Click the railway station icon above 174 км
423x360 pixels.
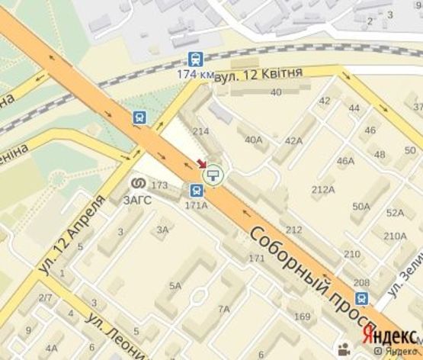(196, 59)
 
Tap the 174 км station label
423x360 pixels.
(196, 74)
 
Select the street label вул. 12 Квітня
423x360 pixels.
(258, 72)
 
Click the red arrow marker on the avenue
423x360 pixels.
(201, 163)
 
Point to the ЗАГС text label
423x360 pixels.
(138, 200)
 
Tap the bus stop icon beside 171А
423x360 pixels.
(196, 191)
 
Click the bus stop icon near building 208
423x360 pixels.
(362, 299)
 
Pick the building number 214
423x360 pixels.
(201, 131)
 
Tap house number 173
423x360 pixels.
(159, 185)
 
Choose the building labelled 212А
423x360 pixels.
(323, 189)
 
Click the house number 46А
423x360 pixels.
(346, 161)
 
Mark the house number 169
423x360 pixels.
(303, 316)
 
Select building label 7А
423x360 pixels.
(224, 309)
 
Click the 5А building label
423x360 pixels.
(175, 285)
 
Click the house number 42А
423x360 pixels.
(293, 140)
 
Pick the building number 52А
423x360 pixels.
(395, 213)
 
